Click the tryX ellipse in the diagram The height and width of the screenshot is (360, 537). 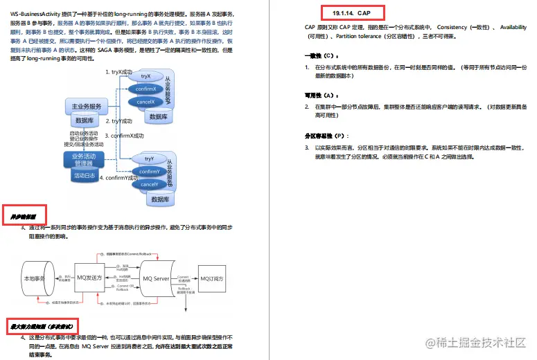(146, 75)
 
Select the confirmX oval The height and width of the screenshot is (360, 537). (146, 89)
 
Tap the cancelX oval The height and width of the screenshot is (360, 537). (146, 102)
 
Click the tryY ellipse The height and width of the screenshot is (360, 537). (149, 159)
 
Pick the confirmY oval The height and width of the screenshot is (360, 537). (149, 172)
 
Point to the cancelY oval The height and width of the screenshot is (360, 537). (149, 185)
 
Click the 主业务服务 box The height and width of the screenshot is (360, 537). (86, 107)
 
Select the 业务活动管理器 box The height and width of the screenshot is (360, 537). (83, 160)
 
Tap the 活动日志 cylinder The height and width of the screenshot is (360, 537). (84, 176)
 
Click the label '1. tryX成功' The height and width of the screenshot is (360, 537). (118, 72)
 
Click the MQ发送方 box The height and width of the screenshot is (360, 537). (91, 278)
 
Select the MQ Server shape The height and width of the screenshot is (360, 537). (156, 278)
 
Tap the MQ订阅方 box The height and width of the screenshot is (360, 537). (214, 278)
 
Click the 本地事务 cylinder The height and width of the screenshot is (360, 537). (35, 278)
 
